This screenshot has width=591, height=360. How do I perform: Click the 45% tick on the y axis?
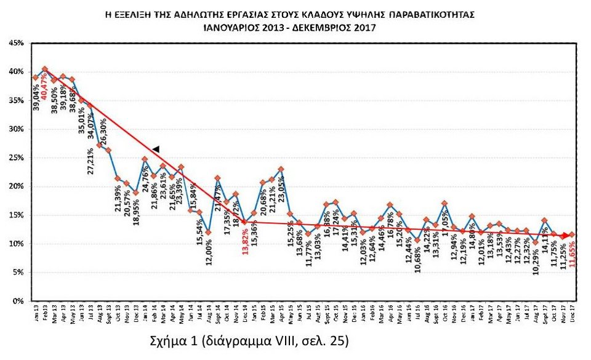pyautogui.click(x=15, y=43)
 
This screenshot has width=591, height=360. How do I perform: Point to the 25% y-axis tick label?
pyautogui.click(x=15, y=158)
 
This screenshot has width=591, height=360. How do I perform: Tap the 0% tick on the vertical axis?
pyautogui.click(x=17, y=301)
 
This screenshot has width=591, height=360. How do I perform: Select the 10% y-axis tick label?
pyautogui.click(x=15, y=244)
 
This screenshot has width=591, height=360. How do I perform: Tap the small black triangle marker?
pyautogui.click(x=156, y=149)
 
